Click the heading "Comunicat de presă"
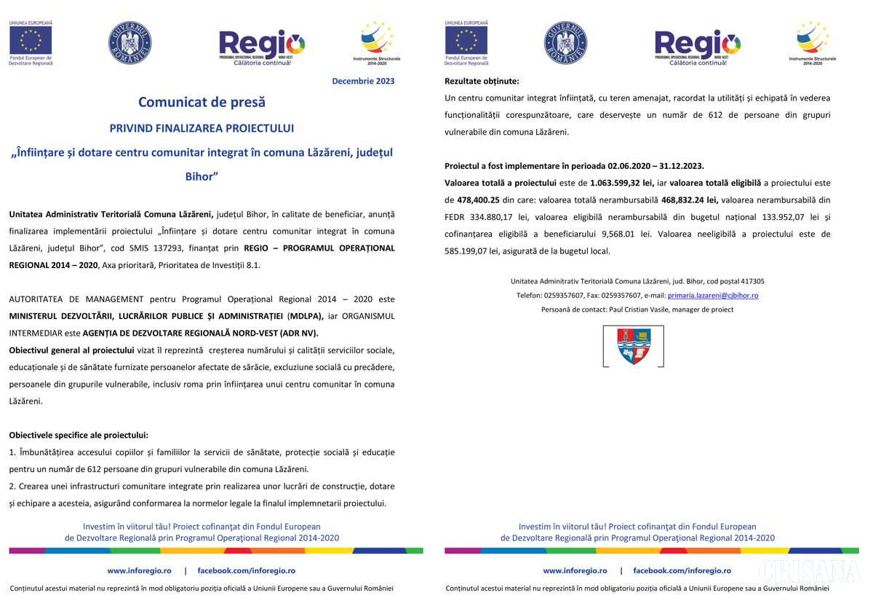pyautogui.click(x=202, y=103)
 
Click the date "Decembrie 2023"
pyautogui.click(x=363, y=81)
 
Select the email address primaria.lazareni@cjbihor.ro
pyautogui.click(x=713, y=296)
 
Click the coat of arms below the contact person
pyautogui.click(x=634, y=346)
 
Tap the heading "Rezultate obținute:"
pyautogui.click(x=482, y=81)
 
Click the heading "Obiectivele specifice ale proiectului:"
pyautogui.click(x=79, y=436)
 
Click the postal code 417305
pyautogui.click(x=752, y=281)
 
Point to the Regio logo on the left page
pyautogui.click(x=262, y=47)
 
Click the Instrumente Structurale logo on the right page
pyautogui.click(x=813, y=42)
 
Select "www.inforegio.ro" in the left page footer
pyautogui.click(x=139, y=571)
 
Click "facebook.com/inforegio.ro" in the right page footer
pyautogui.click(x=682, y=571)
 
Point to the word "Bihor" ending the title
pyautogui.click(x=202, y=177)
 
